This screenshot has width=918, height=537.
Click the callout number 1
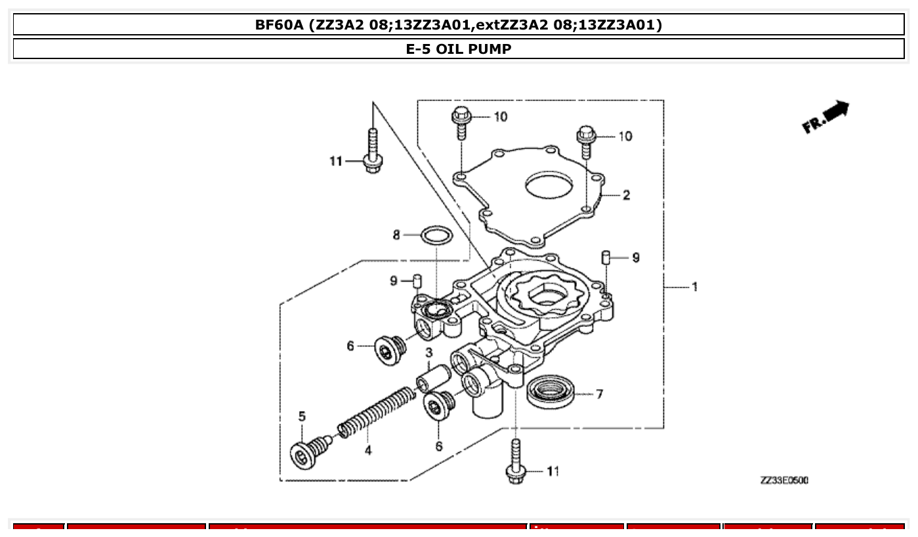click(694, 287)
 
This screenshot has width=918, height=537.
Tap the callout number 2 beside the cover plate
click(626, 195)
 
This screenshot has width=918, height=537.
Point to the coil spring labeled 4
click(377, 412)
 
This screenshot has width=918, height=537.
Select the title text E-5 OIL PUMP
click(459, 49)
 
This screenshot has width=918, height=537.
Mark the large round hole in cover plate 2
click(550, 186)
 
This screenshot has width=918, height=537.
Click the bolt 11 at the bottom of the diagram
click(516, 463)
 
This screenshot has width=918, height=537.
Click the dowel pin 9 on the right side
click(607, 257)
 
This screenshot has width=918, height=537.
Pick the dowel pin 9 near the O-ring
click(416, 282)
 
